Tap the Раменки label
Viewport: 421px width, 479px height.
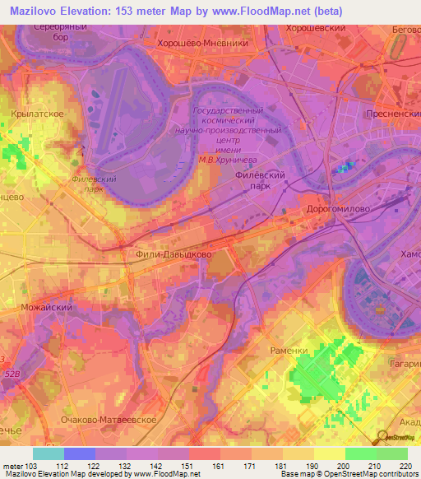289,351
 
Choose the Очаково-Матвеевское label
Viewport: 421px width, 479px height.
103,420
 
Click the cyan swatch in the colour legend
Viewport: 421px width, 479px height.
49,453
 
